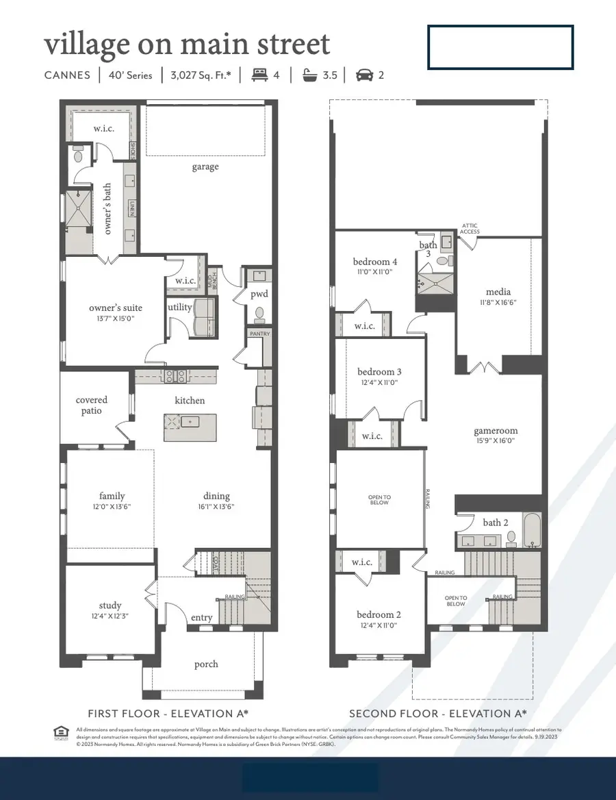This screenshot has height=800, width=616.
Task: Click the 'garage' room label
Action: coord(205,166)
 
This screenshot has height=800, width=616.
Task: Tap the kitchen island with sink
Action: coord(190,427)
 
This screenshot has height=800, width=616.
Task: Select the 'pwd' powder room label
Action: coord(259,295)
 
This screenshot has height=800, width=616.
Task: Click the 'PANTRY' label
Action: coord(259,334)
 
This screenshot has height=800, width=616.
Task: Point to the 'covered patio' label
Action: coord(92,405)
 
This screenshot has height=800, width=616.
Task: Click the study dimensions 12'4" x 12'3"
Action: coord(110,616)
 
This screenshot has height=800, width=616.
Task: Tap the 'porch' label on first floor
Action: coord(206,664)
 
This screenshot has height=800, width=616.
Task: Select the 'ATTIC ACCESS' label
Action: coord(470,228)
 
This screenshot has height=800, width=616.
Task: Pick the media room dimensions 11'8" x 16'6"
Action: coord(498,302)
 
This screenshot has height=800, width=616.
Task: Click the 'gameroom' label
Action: coord(496,431)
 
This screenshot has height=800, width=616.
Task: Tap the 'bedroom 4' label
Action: coord(375,262)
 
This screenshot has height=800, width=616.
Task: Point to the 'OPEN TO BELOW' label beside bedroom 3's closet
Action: coord(379,500)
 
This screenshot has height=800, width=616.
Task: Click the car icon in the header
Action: coord(364,75)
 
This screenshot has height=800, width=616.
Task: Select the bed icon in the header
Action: coord(259,75)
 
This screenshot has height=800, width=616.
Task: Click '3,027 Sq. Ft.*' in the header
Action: coord(201,75)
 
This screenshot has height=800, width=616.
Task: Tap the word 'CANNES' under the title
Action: coord(67,75)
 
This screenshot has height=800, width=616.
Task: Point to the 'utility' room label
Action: coord(180,308)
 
